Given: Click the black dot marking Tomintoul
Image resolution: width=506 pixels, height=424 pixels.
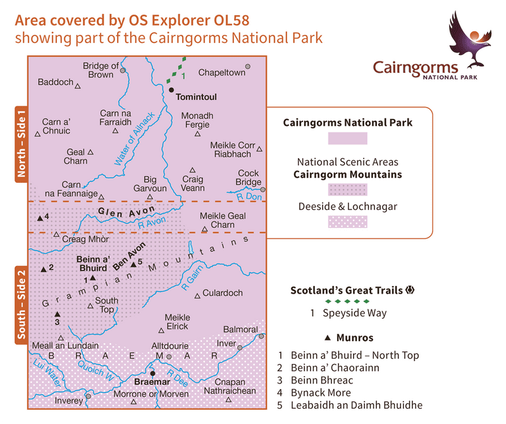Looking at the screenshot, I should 171,90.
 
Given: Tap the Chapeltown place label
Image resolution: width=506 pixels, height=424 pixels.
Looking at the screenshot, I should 221,73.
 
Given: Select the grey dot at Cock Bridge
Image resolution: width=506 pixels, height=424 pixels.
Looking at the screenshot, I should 263,189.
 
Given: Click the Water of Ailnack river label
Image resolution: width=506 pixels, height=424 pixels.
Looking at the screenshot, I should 134,139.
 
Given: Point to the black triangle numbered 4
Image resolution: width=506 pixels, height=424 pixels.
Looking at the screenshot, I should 40,218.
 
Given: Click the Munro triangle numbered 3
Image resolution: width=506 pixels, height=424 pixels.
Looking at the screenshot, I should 57,314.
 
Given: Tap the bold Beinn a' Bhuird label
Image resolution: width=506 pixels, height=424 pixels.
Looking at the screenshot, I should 94,264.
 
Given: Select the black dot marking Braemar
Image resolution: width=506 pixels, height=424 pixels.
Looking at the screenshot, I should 152,373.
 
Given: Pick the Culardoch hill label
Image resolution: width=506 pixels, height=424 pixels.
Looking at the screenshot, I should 223,293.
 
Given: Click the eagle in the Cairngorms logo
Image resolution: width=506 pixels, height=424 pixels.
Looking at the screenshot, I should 471,39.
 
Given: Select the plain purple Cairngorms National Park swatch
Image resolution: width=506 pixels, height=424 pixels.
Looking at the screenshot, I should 347,138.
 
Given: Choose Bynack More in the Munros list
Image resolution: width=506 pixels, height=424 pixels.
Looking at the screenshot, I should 322,392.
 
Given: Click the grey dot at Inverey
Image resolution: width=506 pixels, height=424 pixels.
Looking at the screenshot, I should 89,396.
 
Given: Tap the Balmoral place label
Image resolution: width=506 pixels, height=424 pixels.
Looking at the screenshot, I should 241,330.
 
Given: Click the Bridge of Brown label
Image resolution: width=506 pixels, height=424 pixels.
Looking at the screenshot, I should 101,70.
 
